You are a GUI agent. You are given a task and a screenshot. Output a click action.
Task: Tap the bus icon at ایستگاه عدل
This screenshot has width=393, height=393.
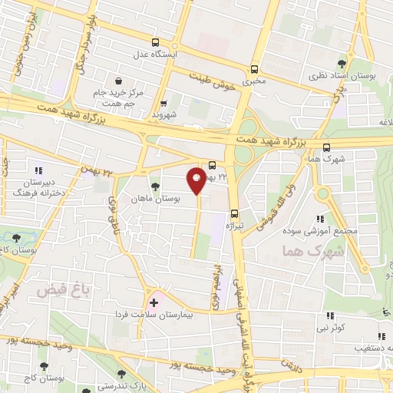point(156,44)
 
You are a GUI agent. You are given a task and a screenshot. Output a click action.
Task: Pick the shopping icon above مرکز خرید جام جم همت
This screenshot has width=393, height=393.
point(117,79)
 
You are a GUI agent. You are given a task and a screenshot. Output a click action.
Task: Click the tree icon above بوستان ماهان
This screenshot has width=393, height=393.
point(156,186)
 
